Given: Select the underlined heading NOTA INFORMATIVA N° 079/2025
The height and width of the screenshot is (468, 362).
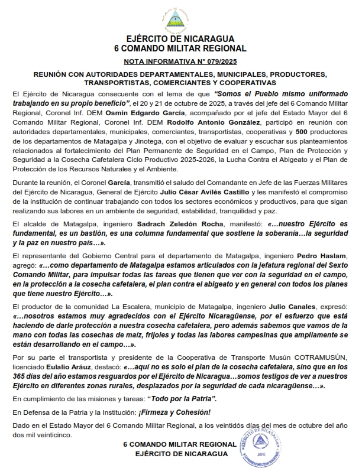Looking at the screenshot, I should (181, 61).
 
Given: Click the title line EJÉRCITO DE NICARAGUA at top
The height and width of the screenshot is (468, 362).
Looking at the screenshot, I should (180, 39).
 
